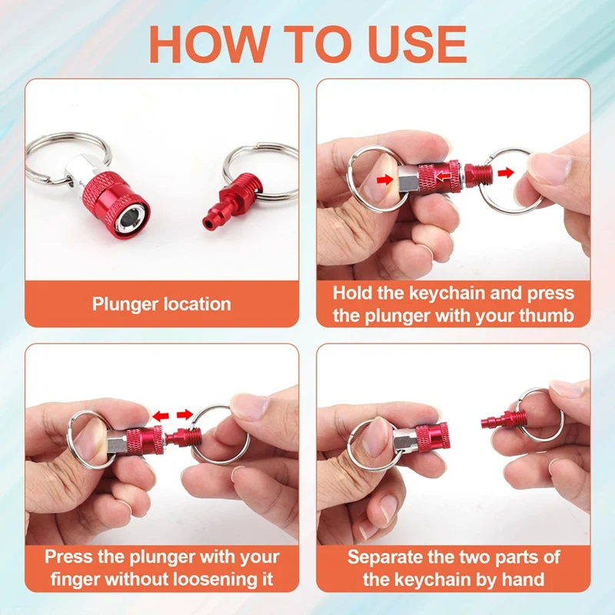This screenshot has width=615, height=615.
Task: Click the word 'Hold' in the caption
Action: point(352,293)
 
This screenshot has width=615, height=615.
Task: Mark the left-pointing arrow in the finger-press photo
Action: point(160,416)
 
